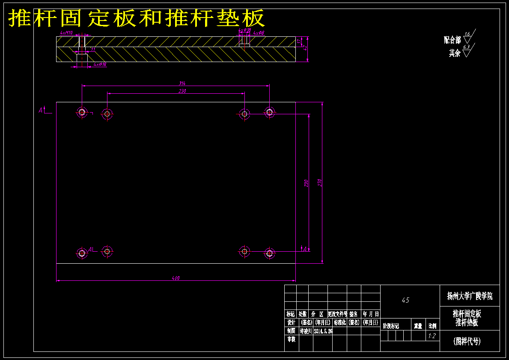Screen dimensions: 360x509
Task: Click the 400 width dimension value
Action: tap(176, 278)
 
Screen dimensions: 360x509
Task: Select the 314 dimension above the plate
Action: tap(182, 83)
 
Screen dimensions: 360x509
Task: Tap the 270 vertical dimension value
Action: tap(319, 182)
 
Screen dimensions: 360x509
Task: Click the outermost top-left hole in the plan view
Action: tap(82, 113)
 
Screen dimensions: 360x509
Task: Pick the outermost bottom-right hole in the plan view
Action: tap(269, 253)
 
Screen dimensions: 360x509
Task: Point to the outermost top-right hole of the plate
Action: tap(269, 112)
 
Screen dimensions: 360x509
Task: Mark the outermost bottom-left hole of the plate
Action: tap(82, 253)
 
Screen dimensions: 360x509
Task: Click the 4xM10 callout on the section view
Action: tap(66, 33)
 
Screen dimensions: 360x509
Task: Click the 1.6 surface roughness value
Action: tap(467, 34)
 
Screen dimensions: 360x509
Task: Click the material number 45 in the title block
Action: tap(405, 300)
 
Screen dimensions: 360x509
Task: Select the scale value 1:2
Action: tap(432, 336)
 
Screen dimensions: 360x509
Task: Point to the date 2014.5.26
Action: tap(323, 331)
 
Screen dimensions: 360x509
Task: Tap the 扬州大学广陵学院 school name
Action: tap(470, 296)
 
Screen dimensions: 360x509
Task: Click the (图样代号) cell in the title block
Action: tap(467, 341)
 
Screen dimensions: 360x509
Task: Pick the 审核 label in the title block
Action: tap(291, 339)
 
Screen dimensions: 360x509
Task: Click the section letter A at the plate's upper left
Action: tap(41, 110)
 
